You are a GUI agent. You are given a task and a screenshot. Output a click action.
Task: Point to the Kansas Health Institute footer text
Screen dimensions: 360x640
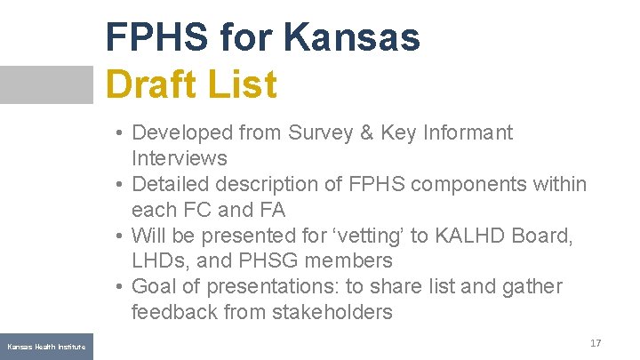(46, 347)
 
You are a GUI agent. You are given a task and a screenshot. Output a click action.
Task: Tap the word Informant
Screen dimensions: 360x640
(468, 133)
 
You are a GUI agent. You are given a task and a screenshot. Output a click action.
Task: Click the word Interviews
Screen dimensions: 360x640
(179, 159)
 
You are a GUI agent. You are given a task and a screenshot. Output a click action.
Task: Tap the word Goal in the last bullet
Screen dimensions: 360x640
(153, 286)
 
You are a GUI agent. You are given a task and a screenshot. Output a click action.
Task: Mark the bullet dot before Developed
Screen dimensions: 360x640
(119, 134)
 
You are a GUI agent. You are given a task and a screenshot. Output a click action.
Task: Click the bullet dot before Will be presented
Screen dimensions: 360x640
(119, 236)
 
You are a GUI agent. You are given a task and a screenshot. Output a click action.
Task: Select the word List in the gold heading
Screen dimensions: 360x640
(241, 85)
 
